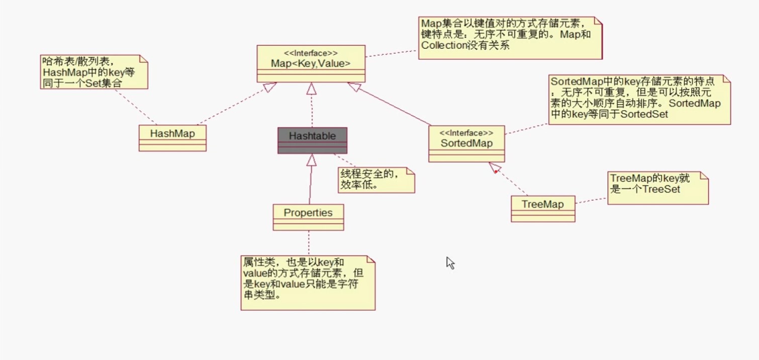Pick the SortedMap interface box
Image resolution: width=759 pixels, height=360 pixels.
[x=466, y=143]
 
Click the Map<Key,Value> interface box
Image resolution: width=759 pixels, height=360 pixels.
[x=311, y=64]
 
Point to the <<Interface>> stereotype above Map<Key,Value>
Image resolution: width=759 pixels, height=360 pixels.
[x=311, y=53]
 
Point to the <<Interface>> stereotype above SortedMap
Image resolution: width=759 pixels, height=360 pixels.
[x=466, y=133]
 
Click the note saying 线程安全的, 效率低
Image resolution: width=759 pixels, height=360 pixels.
[x=376, y=180]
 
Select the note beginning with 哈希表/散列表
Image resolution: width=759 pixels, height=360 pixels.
[x=94, y=72]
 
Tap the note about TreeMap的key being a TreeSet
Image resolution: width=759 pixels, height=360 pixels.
[x=657, y=188]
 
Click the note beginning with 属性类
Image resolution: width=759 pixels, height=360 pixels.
[x=308, y=283]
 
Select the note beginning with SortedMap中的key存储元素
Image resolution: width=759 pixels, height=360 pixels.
[x=639, y=100]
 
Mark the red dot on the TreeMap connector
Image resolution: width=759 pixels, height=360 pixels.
[x=496, y=172]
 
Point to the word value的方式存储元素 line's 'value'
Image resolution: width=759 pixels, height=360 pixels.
[x=254, y=274]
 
